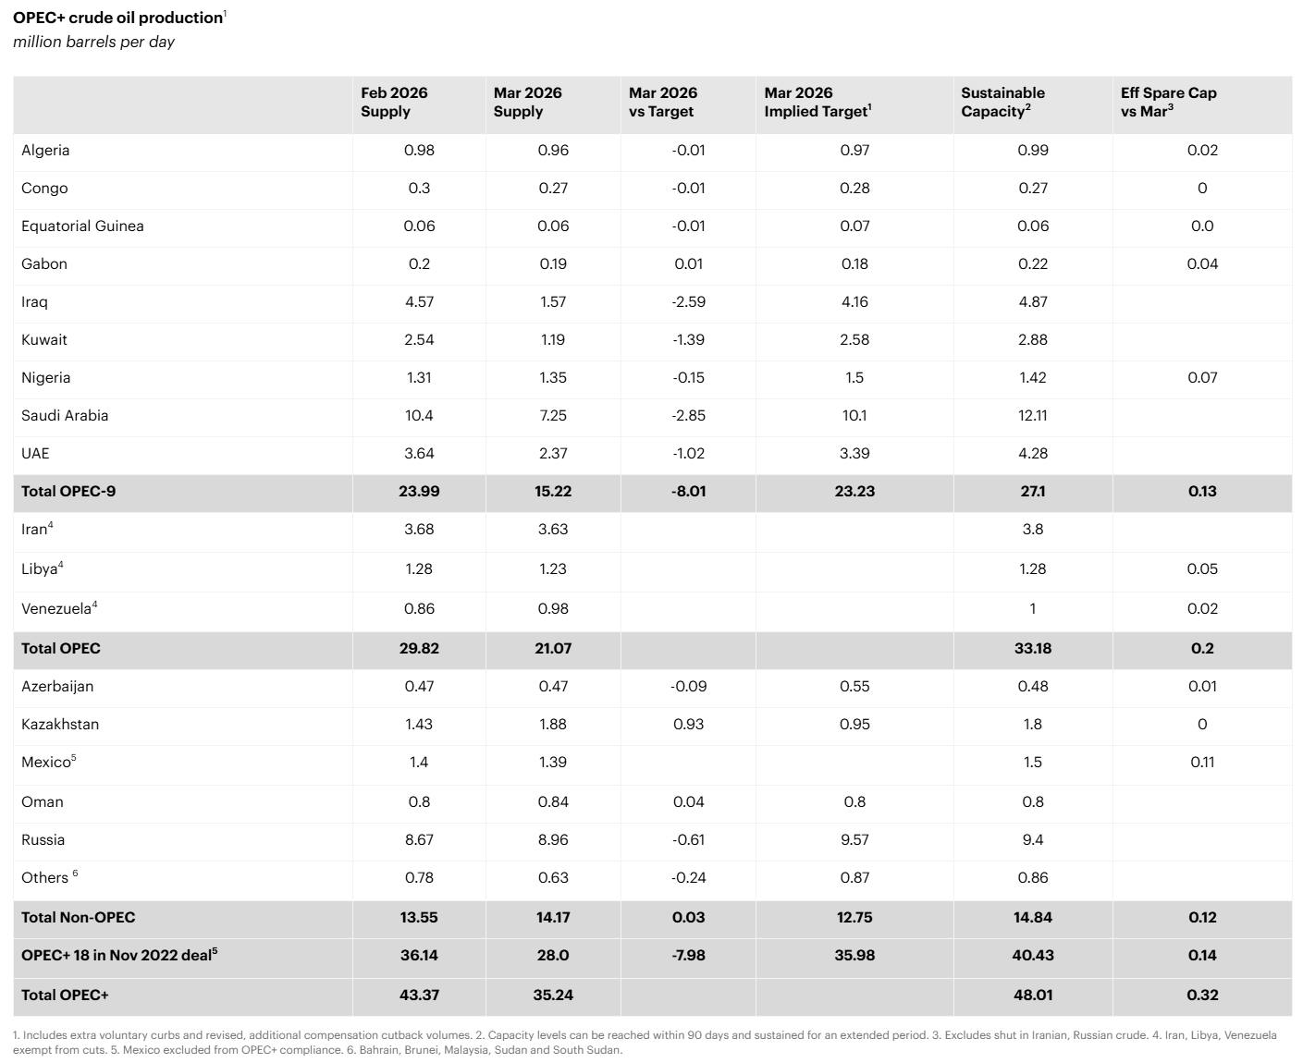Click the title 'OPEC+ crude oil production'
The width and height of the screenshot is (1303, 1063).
(117, 18)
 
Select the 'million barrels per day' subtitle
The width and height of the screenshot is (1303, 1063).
(93, 42)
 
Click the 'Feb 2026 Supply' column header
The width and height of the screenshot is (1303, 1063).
(394, 102)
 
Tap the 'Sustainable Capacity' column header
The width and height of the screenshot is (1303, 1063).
(1002, 102)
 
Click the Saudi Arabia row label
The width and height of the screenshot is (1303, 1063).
(65, 415)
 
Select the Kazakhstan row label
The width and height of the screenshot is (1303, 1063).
(60, 724)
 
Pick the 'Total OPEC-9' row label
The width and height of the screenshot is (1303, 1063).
(68, 491)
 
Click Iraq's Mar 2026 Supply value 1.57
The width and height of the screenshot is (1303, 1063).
(552, 301)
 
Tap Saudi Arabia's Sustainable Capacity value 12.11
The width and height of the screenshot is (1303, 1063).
(1032, 415)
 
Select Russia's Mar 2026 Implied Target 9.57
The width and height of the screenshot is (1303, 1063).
(854, 839)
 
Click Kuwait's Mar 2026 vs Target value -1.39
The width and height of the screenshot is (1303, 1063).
(688, 339)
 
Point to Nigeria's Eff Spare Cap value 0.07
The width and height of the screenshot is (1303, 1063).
(1202, 377)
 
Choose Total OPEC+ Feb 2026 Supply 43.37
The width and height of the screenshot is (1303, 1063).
(419, 995)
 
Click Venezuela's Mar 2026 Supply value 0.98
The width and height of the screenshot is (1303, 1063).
(552, 608)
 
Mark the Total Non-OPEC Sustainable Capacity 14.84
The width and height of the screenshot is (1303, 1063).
(1032, 917)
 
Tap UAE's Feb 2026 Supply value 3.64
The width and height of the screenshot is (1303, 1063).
(419, 453)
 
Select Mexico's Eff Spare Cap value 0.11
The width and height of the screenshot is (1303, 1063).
(1202, 762)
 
